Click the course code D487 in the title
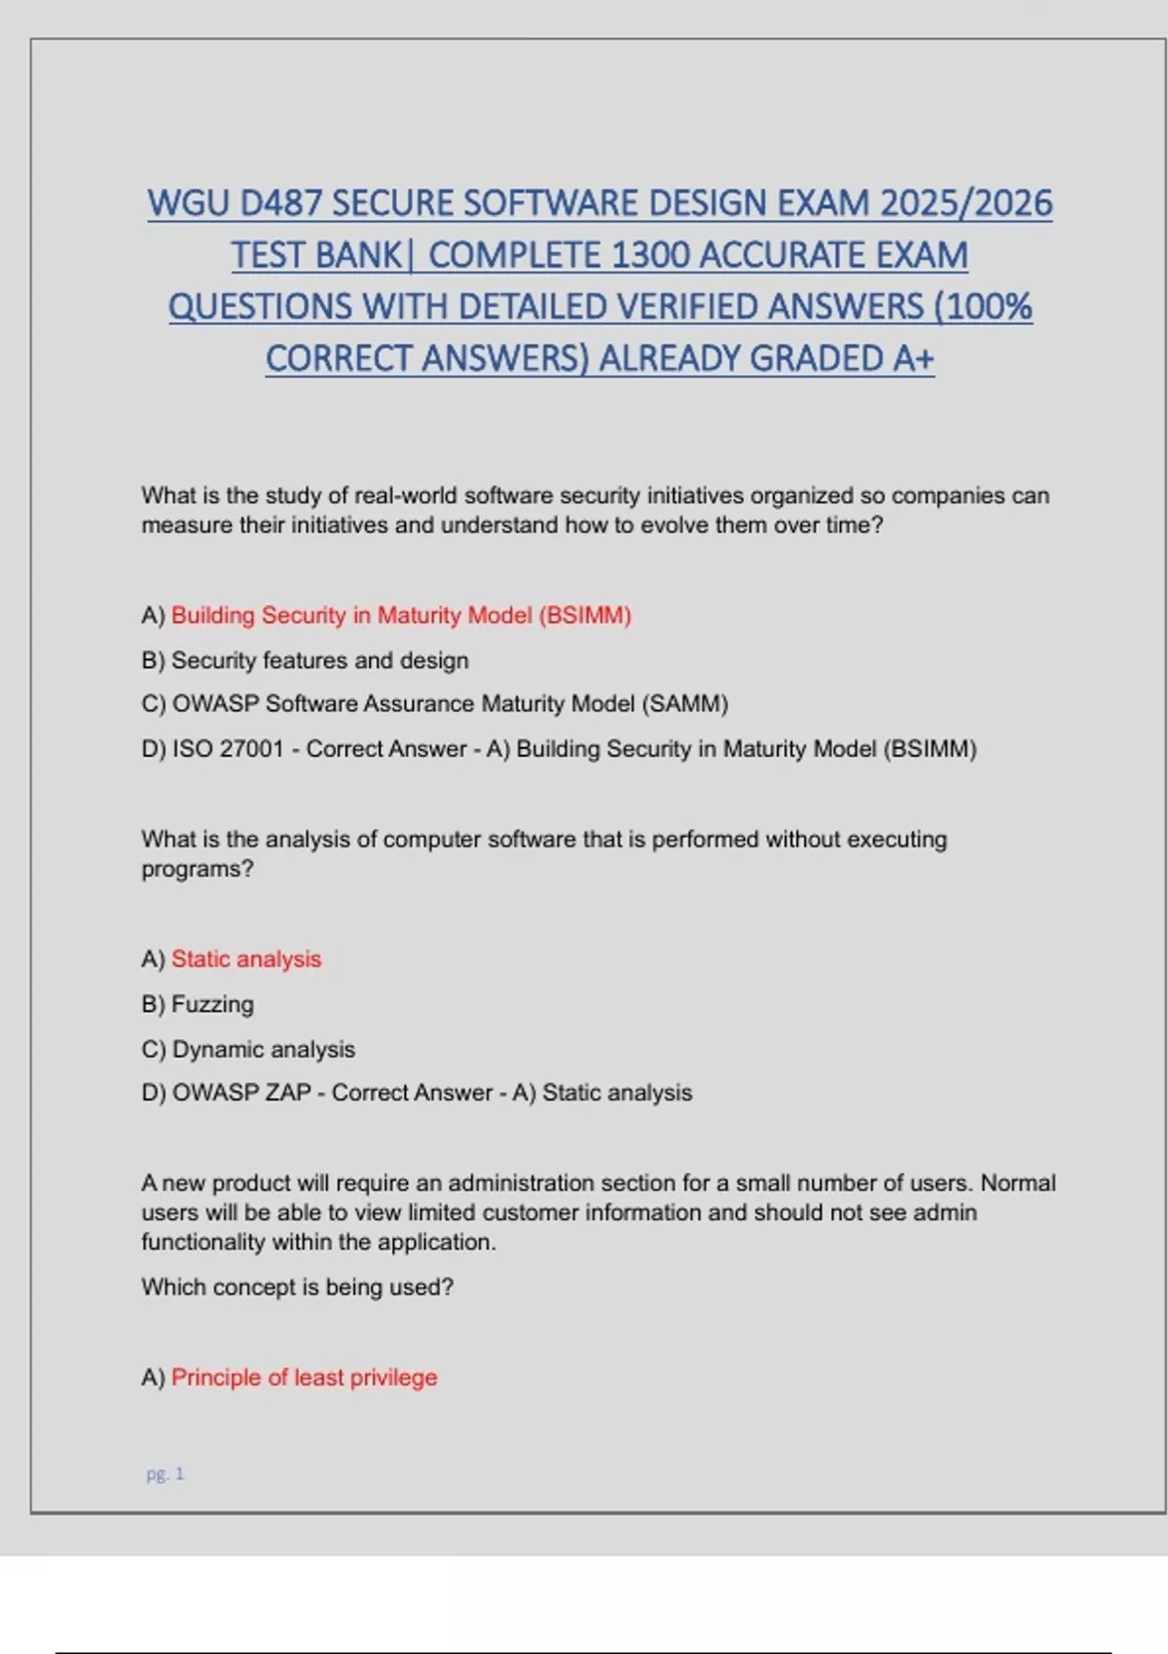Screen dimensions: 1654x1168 280,203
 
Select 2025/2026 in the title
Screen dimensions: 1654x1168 966,203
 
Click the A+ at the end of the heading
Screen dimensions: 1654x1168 913,359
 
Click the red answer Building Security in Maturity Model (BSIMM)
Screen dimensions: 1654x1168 401,616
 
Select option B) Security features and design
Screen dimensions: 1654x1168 305,661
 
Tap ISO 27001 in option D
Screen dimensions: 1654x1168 228,749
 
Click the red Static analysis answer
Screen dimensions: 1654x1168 246,959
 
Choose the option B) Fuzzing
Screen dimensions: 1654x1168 198,1004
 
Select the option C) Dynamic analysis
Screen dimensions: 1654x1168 248,1050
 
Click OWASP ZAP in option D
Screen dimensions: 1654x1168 241,1093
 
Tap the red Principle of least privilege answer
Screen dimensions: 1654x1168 304,1378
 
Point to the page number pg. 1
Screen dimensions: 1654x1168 164,1474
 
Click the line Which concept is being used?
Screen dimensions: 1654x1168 297,1287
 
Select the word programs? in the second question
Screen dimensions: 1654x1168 197,869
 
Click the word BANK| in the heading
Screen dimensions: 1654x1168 363,256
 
